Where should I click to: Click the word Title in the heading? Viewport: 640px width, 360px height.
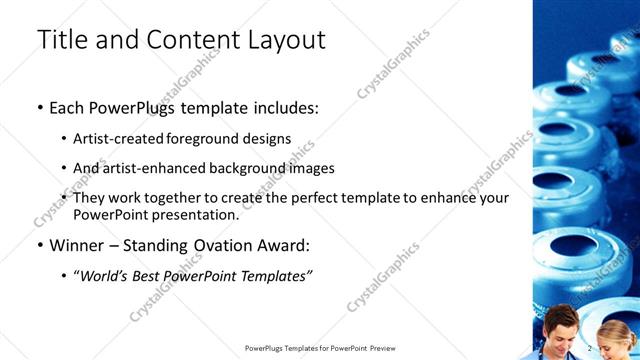61,41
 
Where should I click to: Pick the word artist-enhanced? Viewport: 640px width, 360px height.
153,169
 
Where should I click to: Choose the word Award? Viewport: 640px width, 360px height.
289,246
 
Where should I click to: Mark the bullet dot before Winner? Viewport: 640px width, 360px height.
39,246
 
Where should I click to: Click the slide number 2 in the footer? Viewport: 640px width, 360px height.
590,348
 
